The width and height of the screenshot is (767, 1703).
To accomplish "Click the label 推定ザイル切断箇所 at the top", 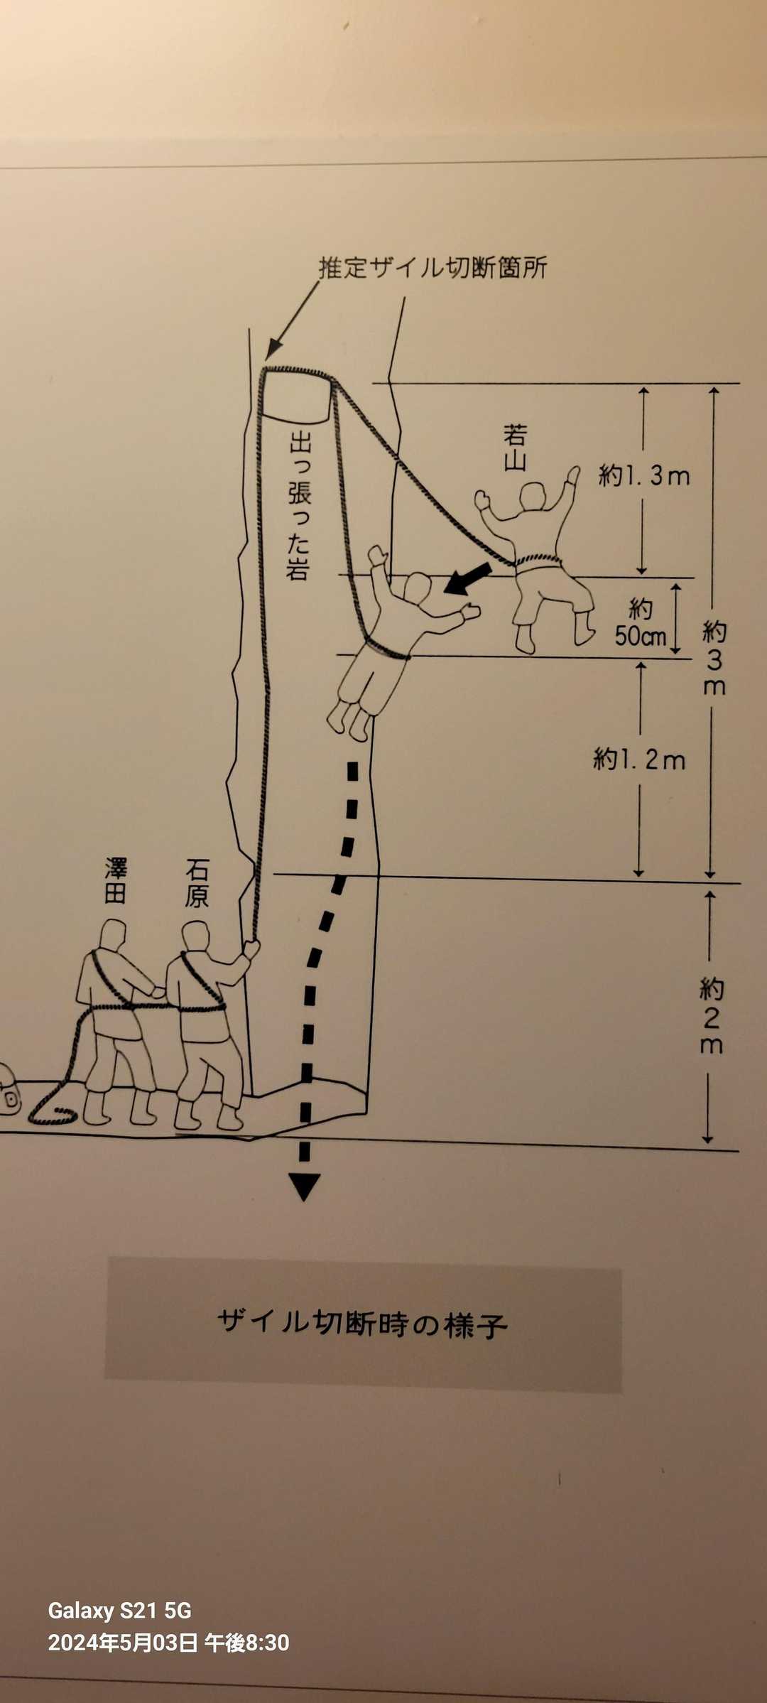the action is (x=433, y=268).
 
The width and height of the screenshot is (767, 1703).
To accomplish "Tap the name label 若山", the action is (x=515, y=448).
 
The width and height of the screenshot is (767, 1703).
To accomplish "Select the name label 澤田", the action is (x=116, y=880).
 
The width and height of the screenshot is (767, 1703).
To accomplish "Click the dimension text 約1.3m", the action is (x=644, y=475).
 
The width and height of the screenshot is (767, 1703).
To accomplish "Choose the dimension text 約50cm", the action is (x=641, y=622).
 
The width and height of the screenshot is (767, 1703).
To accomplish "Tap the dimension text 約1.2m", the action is (x=639, y=759).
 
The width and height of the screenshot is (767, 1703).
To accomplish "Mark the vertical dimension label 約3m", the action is (x=714, y=658).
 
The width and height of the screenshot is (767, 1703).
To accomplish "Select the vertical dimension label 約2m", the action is (x=711, y=1016).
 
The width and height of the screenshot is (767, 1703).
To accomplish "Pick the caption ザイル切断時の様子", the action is (x=362, y=1324).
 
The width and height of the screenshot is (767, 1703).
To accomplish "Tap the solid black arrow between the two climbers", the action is (x=468, y=578).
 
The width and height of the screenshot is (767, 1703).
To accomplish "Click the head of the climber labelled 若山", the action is (x=533, y=496).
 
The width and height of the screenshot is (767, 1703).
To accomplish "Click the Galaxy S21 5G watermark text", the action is (x=119, y=1611).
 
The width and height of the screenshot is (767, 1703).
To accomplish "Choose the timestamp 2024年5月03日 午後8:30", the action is (x=168, y=1643).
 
